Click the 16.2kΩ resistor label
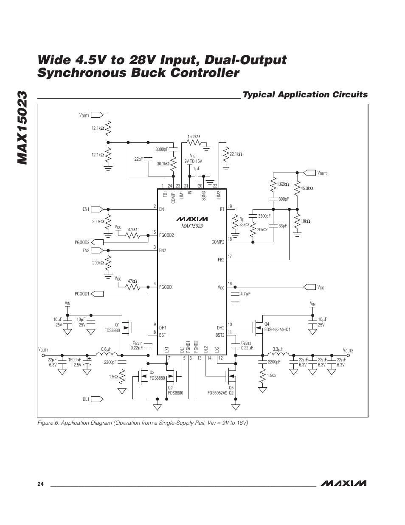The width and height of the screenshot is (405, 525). (194, 136)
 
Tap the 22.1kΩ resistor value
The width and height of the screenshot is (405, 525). (236, 154)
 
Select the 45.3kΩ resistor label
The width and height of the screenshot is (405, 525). (307, 188)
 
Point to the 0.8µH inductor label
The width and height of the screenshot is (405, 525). (106, 349)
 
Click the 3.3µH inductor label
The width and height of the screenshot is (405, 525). (278, 349)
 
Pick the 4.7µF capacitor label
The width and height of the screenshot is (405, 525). (246, 294)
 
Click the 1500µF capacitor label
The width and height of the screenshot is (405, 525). (75, 360)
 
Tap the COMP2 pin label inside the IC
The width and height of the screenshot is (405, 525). (218, 242)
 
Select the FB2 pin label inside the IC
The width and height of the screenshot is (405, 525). (221, 259)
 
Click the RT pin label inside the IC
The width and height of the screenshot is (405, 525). (222, 209)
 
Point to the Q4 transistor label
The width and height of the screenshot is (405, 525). (267, 324)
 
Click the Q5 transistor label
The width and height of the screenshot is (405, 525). (231, 388)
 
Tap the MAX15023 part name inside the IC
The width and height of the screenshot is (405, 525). (192, 226)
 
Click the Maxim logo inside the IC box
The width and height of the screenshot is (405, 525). (192, 219)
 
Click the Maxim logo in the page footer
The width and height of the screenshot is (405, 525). (344, 483)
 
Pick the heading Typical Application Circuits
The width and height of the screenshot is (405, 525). (305, 94)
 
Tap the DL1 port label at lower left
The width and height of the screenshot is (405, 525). (86, 399)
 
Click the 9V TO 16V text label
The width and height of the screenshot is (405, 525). (193, 161)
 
